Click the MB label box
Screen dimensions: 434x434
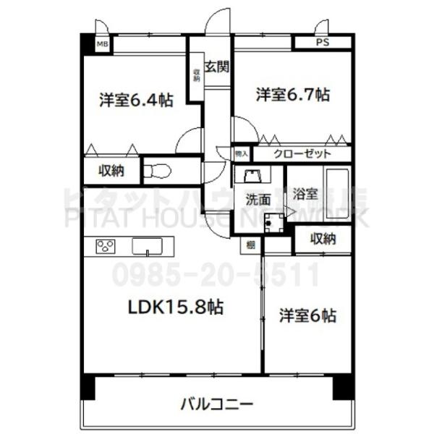click(103, 44)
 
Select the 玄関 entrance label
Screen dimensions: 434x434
click(216, 68)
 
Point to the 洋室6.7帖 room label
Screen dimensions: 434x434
click(293, 94)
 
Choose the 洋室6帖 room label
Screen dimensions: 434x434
click(307, 315)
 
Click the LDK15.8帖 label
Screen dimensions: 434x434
click(176, 307)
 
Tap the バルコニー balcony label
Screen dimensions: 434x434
click(216, 403)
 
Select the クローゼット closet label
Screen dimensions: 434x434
click(302, 153)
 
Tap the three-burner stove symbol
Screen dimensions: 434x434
click(106, 247)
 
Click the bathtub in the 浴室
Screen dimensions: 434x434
click(337, 190)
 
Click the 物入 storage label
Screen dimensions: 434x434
click(241, 153)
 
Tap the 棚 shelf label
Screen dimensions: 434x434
click(250, 246)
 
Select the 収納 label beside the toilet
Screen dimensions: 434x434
click(111, 171)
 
